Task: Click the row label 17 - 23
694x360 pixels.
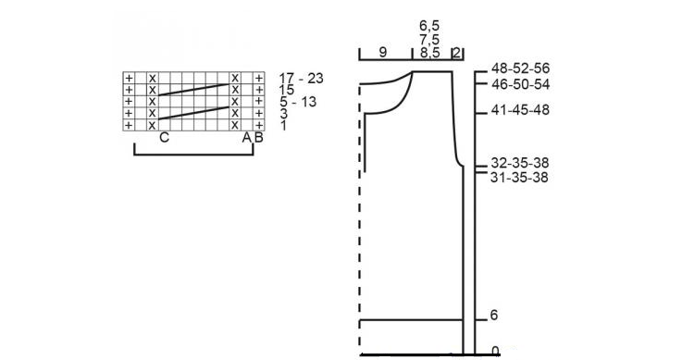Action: click(301, 79)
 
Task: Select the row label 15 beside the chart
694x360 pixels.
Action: click(286, 90)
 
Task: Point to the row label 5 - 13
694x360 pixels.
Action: click(298, 102)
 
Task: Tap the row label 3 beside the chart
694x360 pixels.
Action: click(284, 114)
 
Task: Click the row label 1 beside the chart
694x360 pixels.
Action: click(283, 125)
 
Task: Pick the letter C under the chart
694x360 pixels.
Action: click(164, 138)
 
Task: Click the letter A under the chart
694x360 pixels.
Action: click(246, 138)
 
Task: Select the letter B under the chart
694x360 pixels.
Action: click(259, 138)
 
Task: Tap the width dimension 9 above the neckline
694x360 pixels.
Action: click(383, 52)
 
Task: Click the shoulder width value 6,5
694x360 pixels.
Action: click(429, 26)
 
